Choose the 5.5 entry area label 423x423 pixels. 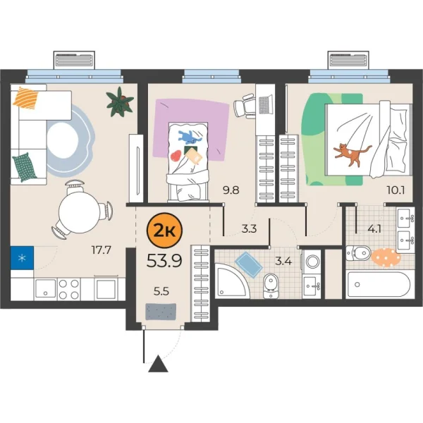(x=162, y=288)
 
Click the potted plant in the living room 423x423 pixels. (x=120, y=102)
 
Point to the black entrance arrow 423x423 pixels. (x=159, y=364)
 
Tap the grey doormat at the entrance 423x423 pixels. (x=160, y=310)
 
